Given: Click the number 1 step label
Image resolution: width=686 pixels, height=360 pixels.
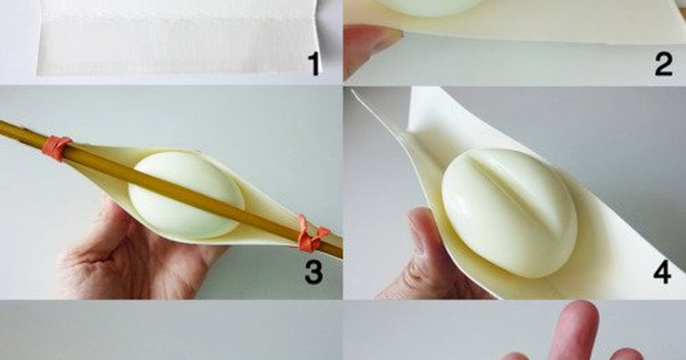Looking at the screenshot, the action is click(313, 64).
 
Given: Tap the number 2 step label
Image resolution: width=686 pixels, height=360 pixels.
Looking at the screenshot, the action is click(663, 64).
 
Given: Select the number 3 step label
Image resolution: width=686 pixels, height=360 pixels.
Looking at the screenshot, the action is click(313, 272).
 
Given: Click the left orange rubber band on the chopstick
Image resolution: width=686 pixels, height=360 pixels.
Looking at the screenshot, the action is click(57, 148).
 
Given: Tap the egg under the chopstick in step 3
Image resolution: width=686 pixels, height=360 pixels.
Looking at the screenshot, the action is click(186, 195).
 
